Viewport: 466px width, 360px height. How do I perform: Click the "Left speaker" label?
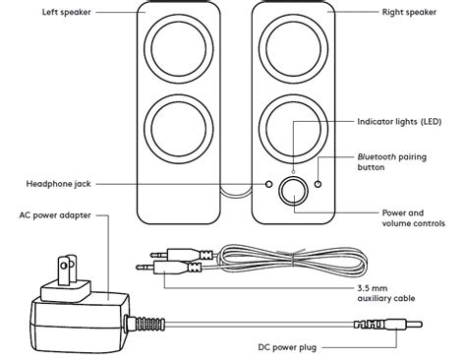click(67, 12)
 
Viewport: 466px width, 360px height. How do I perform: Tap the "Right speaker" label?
click(409, 12)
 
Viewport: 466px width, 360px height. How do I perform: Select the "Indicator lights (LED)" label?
click(399, 122)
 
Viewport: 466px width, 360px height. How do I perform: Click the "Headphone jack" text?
click(58, 184)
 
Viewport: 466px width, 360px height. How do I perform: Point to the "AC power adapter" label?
click(55, 215)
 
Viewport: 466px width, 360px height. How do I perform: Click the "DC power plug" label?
click(287, 347)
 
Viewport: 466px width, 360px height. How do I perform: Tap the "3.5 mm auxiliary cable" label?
click(386, 293)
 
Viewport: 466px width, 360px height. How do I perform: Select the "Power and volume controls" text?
click(414, 218)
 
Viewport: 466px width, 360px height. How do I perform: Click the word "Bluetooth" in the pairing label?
click(377, 157)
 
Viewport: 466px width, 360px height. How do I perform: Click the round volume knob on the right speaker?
click(293, 191)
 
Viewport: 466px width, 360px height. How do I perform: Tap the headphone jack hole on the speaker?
click(268, 184)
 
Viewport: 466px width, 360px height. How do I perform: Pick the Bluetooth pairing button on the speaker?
click(318, 184)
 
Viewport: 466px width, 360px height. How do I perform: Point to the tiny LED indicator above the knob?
click(293, 171)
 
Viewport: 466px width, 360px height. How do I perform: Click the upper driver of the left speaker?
click(179, 48)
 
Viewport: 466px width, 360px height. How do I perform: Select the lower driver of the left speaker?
click(179, 129)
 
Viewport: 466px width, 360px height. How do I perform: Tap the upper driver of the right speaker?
click(293, 48)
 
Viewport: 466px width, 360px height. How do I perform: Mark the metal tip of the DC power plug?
click(414, 325)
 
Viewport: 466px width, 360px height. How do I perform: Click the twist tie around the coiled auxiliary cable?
click(293, 259)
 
